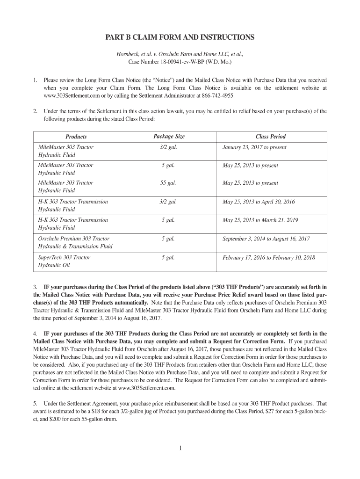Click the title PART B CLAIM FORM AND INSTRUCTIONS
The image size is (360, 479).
[x=180, y=37]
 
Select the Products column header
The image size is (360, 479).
[x=76, y=137]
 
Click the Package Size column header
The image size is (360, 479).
[x=169, y=137]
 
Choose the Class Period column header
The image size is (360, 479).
[x=270, y=137]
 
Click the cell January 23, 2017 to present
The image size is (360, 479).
[x=254, y=147]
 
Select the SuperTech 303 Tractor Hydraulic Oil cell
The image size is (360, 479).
[x=64, y=261]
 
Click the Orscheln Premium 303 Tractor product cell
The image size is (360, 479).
[x=75, y=242]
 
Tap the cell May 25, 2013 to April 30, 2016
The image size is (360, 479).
[x=259, y=202]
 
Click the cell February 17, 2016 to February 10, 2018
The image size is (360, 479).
[x=268, y=257]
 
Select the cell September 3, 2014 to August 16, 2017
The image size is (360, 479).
[x=266, y=239]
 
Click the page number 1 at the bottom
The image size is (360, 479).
[x=180, y=448]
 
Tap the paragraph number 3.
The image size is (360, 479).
[x=35, y=287]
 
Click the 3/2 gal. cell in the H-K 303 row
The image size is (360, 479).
[x=169, y=202]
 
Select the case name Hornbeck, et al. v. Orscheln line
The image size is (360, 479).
[x=180, y=54]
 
